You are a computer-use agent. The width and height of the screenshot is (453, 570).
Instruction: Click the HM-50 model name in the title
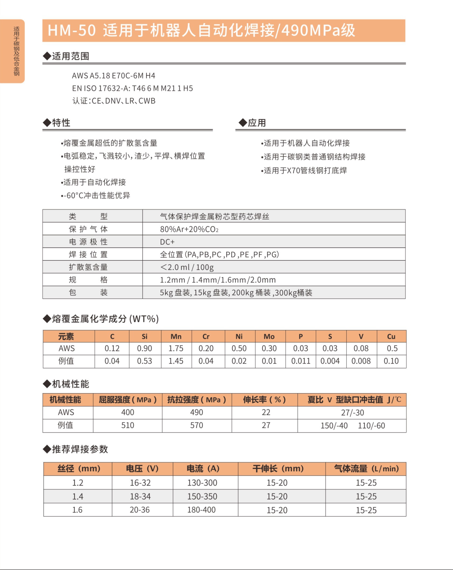(71, 30)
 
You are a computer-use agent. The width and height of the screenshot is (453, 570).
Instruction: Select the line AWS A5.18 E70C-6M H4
(114, 76)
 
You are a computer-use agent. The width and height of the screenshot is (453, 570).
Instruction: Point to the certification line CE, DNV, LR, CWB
(114, 101)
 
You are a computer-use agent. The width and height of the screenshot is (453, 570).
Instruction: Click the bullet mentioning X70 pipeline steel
(304, 170)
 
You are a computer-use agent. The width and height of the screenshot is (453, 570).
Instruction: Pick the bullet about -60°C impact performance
(96, 196)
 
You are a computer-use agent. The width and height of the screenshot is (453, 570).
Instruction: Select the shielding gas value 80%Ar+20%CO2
(189, 229)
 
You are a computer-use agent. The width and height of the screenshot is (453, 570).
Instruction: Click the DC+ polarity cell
(167, 242)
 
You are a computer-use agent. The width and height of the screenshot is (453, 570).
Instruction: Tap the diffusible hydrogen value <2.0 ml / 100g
(187, 267)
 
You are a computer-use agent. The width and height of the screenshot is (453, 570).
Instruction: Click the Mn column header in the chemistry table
(176, 337)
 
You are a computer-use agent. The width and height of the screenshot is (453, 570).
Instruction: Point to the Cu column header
(391, 337)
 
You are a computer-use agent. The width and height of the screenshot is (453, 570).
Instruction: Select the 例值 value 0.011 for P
(300, 361)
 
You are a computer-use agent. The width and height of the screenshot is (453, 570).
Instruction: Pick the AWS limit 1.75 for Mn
(176, 349)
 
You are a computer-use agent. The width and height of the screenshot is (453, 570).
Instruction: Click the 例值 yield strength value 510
(128, 425)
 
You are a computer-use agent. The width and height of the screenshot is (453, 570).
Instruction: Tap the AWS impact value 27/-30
(353, 413)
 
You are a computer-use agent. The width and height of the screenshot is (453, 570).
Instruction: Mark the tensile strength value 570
(197, 425)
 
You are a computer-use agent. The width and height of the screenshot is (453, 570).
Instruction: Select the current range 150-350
(202, 497)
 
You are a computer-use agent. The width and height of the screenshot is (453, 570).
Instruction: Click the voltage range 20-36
(140, 510)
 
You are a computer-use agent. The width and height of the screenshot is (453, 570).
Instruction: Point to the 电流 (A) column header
(203, 469)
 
